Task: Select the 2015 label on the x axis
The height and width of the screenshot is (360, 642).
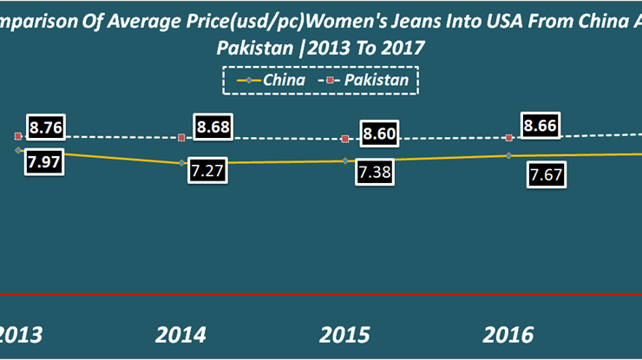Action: point(345,335)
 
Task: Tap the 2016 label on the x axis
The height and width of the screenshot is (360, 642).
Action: point(508,335)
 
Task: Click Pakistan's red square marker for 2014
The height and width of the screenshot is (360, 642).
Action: point(181,137)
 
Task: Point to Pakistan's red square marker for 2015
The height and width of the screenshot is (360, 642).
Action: point(345,139)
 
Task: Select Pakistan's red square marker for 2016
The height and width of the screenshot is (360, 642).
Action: point(509,137)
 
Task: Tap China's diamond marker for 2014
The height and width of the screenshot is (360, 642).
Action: point(181,162)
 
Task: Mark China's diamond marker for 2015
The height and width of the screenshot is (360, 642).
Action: point(345,160)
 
